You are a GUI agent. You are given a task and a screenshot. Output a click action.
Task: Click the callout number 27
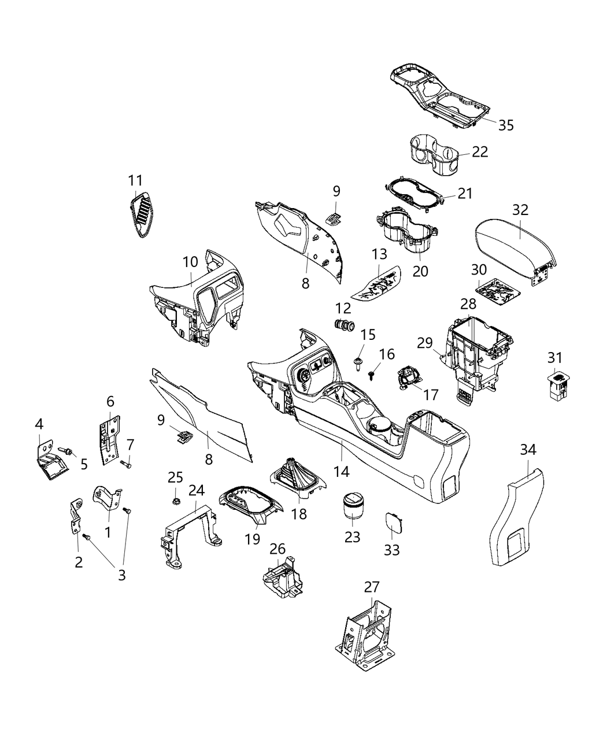(372, 587)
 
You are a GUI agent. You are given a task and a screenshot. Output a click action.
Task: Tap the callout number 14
(341, 472)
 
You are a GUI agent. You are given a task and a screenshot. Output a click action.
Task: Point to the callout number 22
(480, 151)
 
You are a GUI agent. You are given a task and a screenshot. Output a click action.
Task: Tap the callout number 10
(190, 262)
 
